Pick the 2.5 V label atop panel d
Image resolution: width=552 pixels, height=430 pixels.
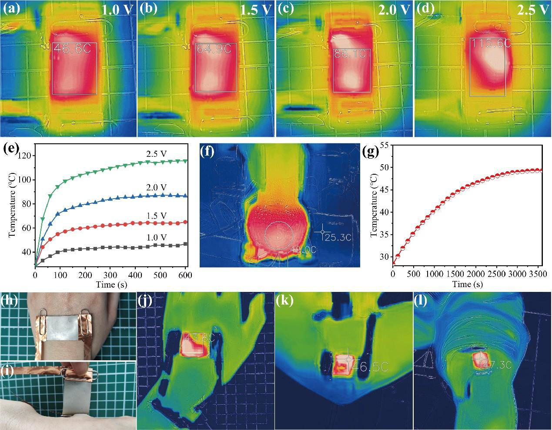(532, 10)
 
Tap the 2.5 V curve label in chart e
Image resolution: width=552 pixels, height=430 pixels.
(157, 153)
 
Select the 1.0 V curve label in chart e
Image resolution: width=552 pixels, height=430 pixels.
(157, 237)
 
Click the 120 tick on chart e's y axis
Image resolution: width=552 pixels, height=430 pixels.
(26, 156)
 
